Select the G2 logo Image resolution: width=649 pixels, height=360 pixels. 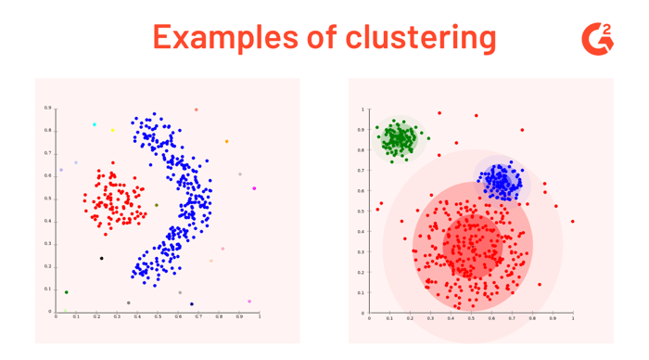(x=597, y=37)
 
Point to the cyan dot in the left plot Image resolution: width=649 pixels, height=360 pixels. (x=95, y=124)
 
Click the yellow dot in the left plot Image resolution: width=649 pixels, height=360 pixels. (x=113, y=131)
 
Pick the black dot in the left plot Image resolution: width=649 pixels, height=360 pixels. (x=102, y=258)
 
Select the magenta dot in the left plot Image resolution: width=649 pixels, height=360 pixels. (x=254, y=188)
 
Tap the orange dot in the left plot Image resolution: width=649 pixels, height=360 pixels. (x=226, y=142)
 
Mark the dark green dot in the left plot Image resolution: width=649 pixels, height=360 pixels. (x=66, y=293)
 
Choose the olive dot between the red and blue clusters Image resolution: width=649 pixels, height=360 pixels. (x=157, y=205)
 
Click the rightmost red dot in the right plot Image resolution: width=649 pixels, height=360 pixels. (x=573, y=221)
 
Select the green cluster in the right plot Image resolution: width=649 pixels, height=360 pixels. (x=400, y=140)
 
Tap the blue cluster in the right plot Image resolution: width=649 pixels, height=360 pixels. (x=502, y=180)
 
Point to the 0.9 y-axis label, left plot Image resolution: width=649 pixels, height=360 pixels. (x=47, y=108)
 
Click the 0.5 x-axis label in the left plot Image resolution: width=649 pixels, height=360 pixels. (x=158, y=317)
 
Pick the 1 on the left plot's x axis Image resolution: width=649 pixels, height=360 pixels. (x=260, y=317)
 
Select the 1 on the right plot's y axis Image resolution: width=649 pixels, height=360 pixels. (x=363, y=109)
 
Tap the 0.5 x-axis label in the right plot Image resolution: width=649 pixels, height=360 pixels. (x=471, y=319)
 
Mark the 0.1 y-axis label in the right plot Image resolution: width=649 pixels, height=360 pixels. (x=362, y=292)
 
